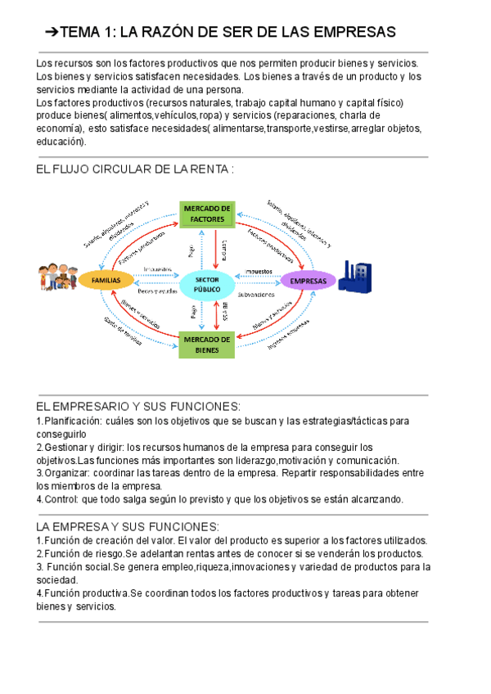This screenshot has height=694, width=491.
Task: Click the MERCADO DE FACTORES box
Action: pyautogui.click(x=207, y=214)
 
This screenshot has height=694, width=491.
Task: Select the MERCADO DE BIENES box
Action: pyautogui.click(x=207, y=345)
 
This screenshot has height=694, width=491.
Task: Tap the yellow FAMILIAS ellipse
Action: pyautogui.click(x=106, y=281)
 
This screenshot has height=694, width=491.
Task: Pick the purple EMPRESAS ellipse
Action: pyautogui.click(x=309, y=281)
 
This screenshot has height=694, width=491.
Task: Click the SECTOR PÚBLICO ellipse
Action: pyautogui.click(x=206, y=283)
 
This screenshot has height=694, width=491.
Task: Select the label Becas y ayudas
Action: pyautogui.click(x=157, y=291)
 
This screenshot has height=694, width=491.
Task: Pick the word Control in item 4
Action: pyautogui.click(x=58, y=498)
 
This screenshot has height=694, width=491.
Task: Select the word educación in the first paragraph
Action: pyautogui.click(x=61, y=142)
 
